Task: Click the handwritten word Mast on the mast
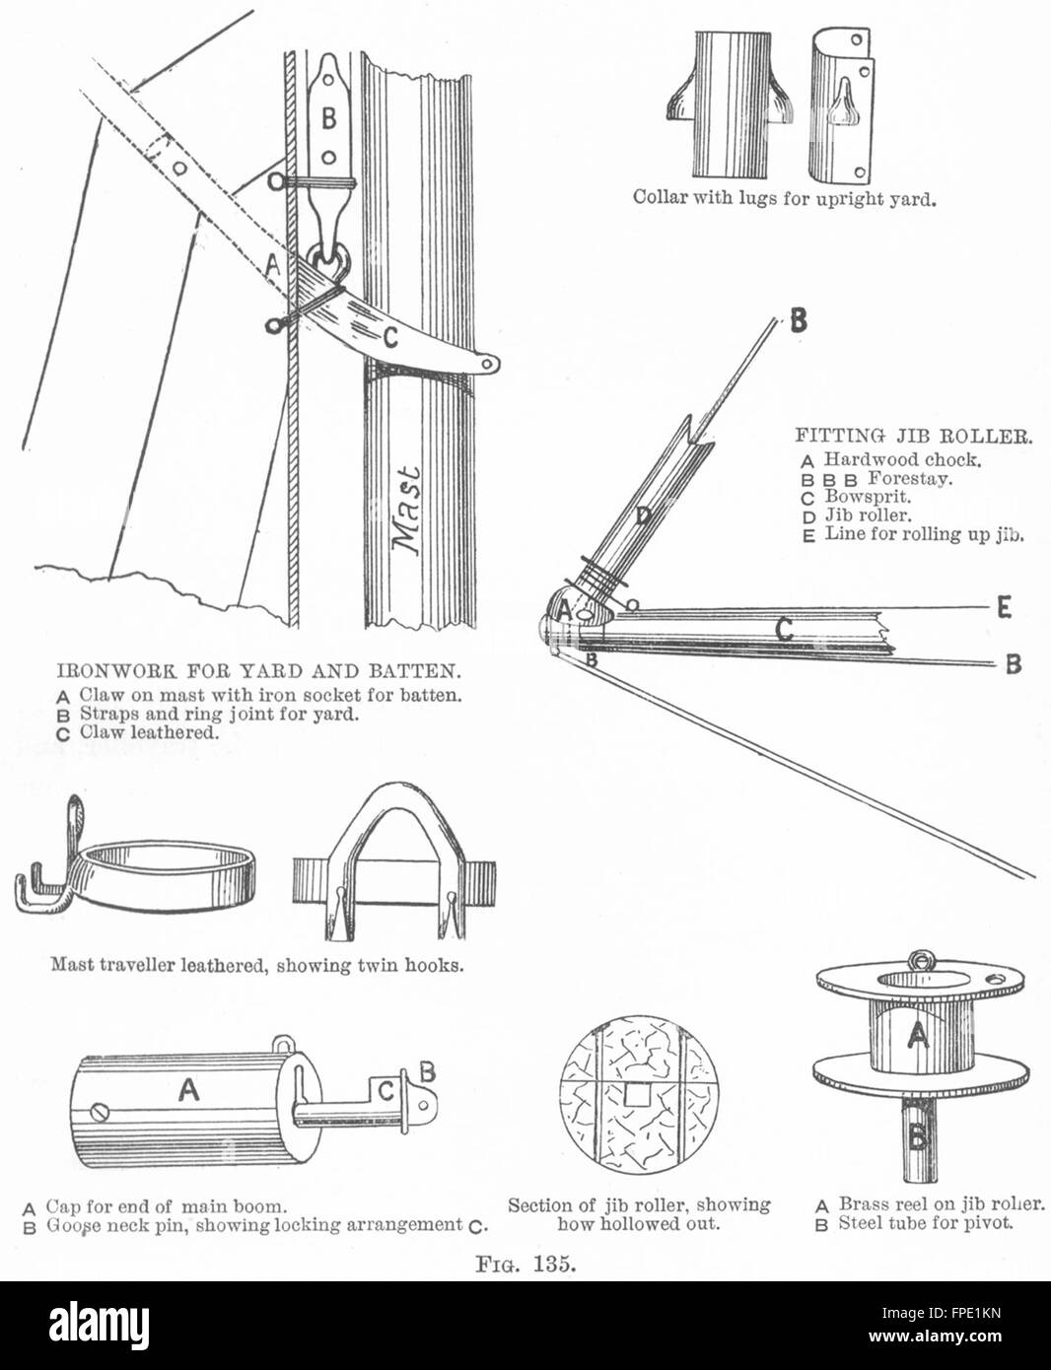pyautogui.click(x=405, y=510)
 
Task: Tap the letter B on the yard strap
pyautogui.click(x=328, y=118)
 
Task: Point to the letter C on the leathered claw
pyautogui.click(x=390, y=339)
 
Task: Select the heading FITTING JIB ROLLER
pyautogui.click(x=913, y=436)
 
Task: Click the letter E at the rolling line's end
pyautogui.click(x=1004, y=608)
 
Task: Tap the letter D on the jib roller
pyautogui.click(x=642, y=517)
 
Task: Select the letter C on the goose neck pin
pyautogui.click(x=387, y=1090)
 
